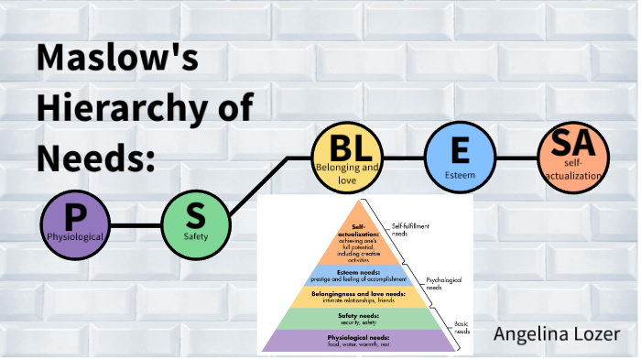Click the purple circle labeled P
point(75,225)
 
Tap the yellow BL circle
point(346,158)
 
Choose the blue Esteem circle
point(461,158)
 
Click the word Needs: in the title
point(92,158)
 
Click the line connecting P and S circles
point(136,225)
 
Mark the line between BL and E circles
point(403,158)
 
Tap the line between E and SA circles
point(516,158)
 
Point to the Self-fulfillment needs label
point(411,230)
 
